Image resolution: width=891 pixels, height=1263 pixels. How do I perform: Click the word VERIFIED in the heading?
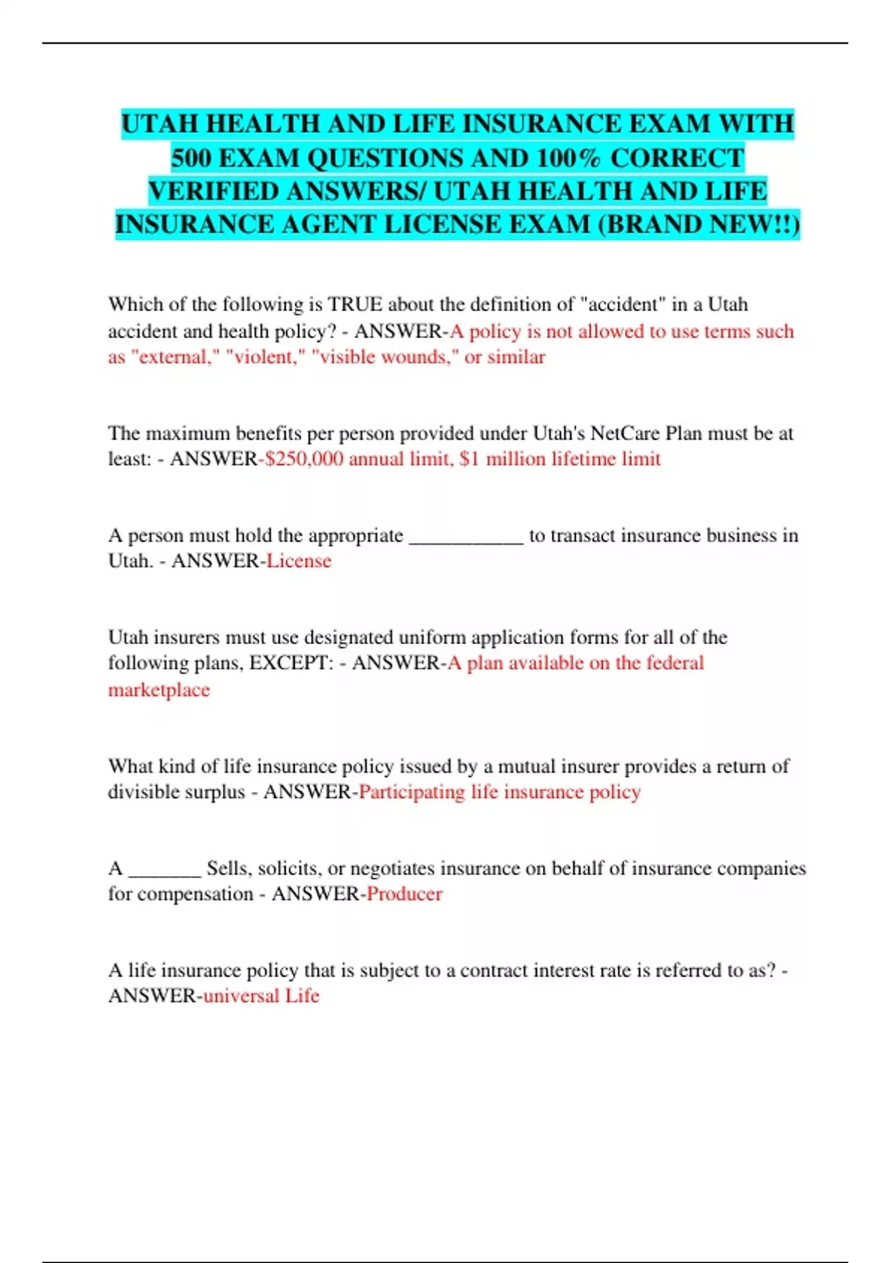click(x=212, y=191)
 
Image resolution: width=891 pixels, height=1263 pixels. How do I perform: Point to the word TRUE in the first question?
click(x=355, y=305)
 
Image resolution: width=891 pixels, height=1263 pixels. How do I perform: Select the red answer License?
click(x=298, y=561)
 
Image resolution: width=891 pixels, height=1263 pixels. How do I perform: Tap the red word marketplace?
click(x=159, y=690)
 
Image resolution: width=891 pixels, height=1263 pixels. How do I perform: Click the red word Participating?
click(x=411, y=792)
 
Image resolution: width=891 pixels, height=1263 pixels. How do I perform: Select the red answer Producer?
click(x=404, y=894)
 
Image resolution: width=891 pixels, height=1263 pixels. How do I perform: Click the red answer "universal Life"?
click(x=261, y=996)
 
